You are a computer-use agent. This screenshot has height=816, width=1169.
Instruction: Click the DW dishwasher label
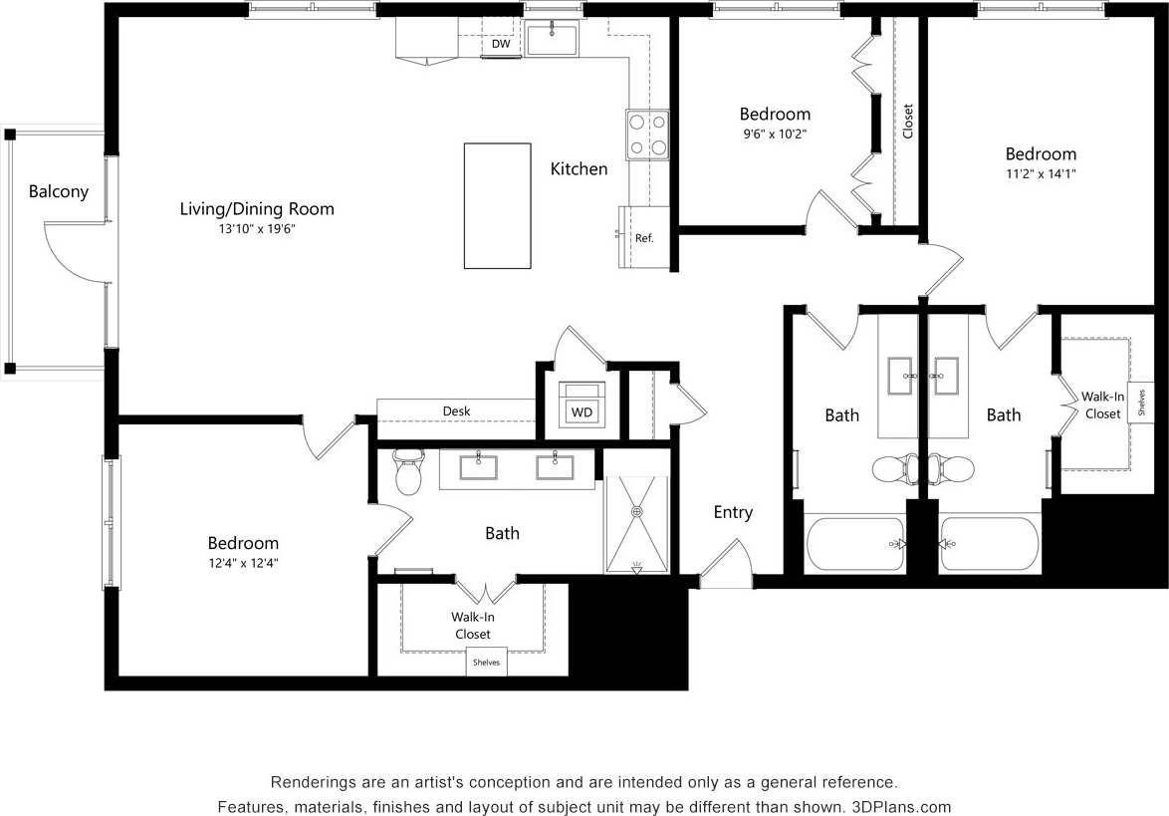500,44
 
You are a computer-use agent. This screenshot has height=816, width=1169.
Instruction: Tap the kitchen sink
552,41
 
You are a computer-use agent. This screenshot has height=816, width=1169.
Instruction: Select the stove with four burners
647,136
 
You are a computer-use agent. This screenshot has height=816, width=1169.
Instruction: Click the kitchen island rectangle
497,205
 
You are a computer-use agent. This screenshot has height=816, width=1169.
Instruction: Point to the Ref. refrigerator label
644,238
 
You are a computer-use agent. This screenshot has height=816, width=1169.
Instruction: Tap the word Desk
457,410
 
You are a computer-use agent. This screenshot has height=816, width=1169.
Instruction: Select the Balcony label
58,191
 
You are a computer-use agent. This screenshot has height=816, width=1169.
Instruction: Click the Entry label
733,512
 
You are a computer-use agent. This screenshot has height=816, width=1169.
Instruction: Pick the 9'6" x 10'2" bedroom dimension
774,134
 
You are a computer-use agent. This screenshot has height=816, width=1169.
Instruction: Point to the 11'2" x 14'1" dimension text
1040,173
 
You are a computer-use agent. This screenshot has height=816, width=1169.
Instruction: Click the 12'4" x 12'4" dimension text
243,562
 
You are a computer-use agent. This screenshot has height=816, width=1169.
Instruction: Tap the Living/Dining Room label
257,209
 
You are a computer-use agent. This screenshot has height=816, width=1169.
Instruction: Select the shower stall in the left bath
636,524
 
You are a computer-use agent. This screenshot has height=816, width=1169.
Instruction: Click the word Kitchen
579,169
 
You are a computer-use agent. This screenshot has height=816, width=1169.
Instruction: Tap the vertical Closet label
907,122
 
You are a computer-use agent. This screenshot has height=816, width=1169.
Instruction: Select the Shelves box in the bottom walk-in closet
486,663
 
